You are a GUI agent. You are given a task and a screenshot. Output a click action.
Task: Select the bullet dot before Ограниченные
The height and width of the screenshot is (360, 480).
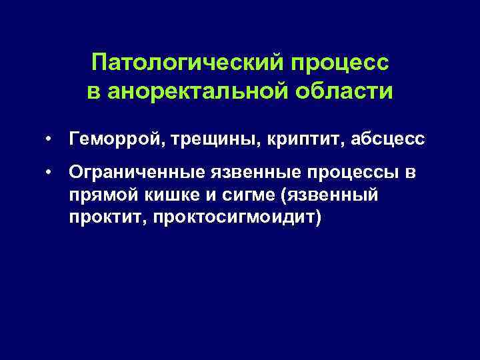point(50,175)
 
